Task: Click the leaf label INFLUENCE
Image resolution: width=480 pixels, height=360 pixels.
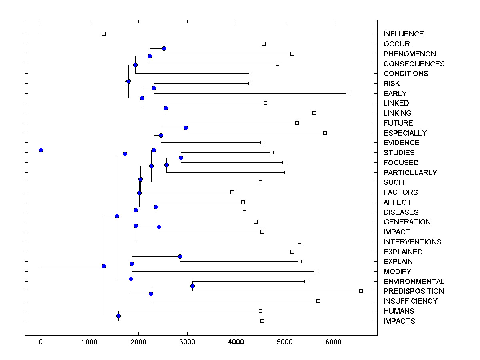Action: [403, 34]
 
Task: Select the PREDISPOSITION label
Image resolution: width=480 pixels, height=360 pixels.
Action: [414, 291]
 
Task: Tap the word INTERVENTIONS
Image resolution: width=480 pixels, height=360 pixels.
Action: [412, 242]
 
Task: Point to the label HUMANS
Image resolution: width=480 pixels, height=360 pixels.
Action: [398, 311]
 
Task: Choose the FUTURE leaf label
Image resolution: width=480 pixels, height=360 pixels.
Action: [398, 123]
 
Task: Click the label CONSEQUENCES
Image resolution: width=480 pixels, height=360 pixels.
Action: [414, 64]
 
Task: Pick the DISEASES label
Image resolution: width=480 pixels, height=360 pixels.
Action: [401, 212]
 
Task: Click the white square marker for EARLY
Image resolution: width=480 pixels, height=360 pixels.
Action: [347, 93]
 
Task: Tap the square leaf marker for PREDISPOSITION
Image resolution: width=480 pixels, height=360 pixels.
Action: [361, 291]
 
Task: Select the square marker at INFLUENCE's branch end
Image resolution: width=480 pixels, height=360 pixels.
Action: [104, 34]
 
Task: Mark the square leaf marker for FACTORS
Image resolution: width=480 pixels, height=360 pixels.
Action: [232, 192]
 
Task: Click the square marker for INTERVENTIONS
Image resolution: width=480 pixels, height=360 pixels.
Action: [299, 242]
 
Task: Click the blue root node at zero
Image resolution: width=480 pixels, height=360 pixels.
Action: [41, 150]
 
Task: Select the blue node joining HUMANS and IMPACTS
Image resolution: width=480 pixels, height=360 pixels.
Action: [118, 316]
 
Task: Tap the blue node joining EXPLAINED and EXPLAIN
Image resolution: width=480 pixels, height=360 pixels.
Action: [180, 256]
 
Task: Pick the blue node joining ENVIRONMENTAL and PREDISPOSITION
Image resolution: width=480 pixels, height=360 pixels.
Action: [192, 286]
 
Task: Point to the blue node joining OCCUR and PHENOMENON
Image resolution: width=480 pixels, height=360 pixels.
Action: [164, 48]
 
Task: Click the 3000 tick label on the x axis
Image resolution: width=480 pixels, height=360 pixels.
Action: [187, 342]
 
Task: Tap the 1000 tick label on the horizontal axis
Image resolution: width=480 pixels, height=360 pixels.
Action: [90, 342]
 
